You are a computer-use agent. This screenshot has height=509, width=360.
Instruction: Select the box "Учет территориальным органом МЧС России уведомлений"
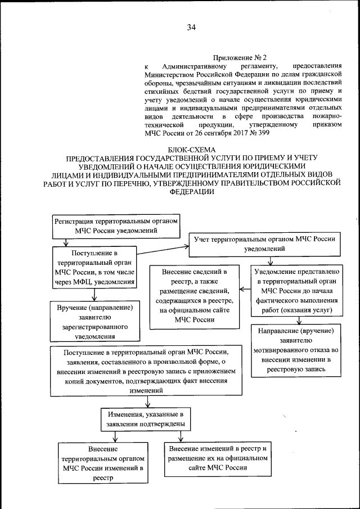click(x=265, y=242)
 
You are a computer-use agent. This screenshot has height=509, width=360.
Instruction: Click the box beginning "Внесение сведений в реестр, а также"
click(x=193, y=294)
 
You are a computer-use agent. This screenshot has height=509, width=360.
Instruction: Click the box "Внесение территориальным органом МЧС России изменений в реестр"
click(x=103, y=463)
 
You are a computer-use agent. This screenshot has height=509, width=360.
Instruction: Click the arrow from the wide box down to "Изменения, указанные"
click(x=147, y=400)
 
